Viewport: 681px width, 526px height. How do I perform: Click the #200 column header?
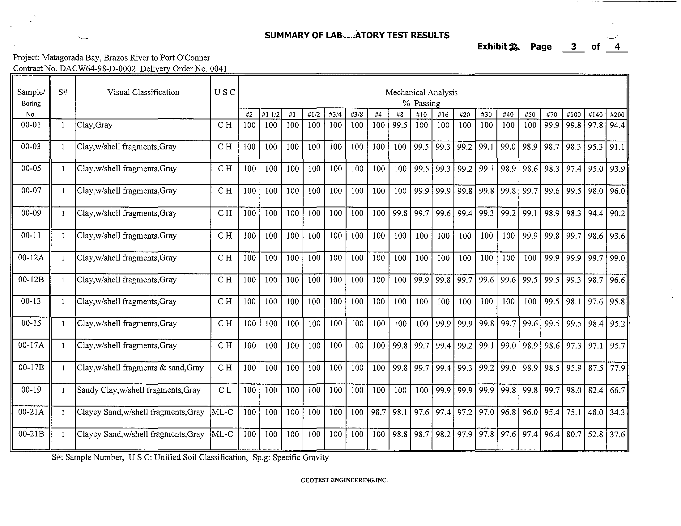(617, 115)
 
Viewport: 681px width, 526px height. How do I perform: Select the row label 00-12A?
(31, 257)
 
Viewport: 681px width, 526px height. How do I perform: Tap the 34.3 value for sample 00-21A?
(617, 412)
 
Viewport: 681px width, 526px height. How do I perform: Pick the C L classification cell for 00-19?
(224, 390)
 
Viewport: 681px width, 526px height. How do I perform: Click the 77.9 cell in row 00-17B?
(617, 368)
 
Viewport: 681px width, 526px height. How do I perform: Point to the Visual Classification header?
(143, 92)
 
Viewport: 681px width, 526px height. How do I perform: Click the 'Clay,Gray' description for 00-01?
(95, 125)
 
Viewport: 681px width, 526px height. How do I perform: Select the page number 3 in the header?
(573, 47)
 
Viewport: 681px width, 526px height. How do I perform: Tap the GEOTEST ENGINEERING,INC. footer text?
(344, 480)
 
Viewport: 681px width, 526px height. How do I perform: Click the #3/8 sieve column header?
(357, 115)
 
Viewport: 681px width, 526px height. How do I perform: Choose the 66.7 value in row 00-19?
(617, 390)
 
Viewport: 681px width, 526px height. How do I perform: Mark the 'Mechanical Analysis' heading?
(421, 93)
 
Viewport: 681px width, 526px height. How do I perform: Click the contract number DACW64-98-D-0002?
(98, 69)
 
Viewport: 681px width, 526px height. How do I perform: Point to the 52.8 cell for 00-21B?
(595, 434)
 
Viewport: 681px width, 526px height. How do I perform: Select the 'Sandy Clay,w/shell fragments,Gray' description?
(138, 390)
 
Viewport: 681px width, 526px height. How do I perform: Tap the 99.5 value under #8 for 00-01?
(400, 125)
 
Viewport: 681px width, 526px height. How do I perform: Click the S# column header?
(63, 92)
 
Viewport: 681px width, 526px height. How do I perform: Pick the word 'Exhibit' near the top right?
(492, 46)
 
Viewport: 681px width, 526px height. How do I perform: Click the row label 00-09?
(31, 213)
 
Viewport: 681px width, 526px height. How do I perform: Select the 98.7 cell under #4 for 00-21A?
(378, 412)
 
